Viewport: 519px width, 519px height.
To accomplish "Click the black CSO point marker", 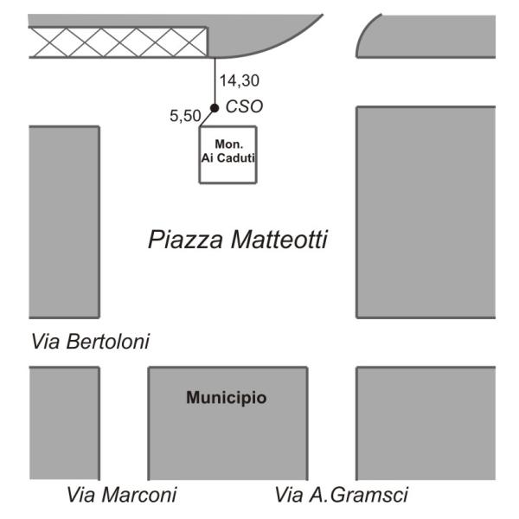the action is [215, 107].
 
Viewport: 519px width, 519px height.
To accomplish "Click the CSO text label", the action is [244, 106].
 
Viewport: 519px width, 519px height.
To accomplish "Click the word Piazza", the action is [183, 240].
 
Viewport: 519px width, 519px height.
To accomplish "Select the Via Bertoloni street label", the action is [90, 342].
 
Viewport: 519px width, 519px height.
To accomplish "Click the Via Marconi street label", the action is [122, 495].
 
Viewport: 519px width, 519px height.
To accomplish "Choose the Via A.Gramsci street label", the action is [341, 495].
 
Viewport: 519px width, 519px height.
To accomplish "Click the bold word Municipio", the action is [227, 399].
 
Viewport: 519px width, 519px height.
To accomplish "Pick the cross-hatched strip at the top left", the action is [118, 42].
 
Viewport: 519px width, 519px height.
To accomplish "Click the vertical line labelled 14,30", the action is [215, 82].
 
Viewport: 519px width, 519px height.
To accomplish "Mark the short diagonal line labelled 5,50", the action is [208, 117].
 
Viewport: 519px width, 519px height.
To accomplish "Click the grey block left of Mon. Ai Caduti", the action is [63, 221].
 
